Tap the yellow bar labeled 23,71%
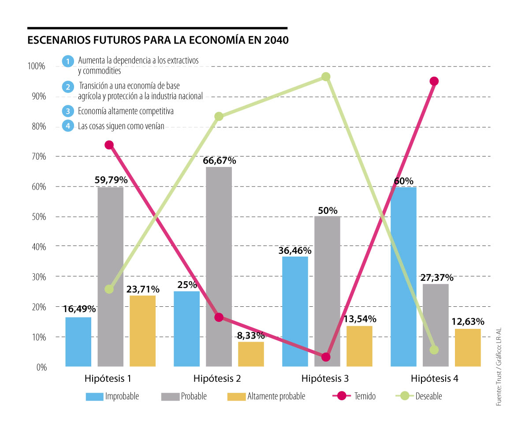click(142, 331)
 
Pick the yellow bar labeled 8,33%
click(251, 354)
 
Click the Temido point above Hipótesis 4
click(434, 81)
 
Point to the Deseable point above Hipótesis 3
click(326, 77)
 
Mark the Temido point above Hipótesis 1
click(109, 145)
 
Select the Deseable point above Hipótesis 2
click(219, 116)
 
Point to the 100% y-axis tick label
click(36, 67)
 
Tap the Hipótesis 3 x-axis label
click(325, 378)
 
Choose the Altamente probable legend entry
click(276, 396)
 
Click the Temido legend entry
click(364, 396)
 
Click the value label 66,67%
click(220, 161)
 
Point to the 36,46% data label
click(294, 250)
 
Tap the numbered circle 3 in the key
click(68, 111)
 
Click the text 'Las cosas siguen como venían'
click(121, 126)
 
